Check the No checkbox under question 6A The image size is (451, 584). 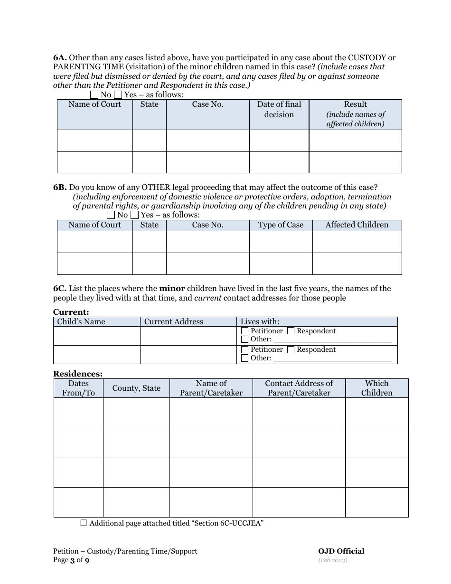pyautogui.click(x=94, y=95)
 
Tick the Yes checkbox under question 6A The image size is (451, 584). pyautogui.click(x=118, y=95)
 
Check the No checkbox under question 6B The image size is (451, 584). pyautogui.click(x=111, y=215)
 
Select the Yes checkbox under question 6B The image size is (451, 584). pyautogui.click(x=134, y=215)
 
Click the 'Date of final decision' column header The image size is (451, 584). pyautogui.click(x=279, y=110)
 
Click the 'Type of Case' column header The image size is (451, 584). pyautogui.click(x=281, y=225)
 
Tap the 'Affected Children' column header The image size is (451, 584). pyautogui.click(x=357, y=225)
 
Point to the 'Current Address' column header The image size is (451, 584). pyautogui.click(x=173, y=322)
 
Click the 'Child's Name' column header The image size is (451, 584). pyautogui.click(x=81, y=322)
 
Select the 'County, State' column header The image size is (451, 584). pyautogui.click(x=136, y=388)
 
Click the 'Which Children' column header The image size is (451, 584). pyautogui.click(x=376, y=388)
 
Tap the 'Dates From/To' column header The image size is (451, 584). pyautogui.click(x=78, y=388)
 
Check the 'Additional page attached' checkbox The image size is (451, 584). pyautogui.click(x=84, y=523)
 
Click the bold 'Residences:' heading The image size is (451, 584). pyautogui.click(x=77, y=374)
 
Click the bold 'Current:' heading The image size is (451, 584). pyautogui.click(x=71, y=312)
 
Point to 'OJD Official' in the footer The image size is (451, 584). pyautogui.click(x=341, y=551)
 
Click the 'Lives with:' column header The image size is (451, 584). pyautogui.click(x=260, y=322)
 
